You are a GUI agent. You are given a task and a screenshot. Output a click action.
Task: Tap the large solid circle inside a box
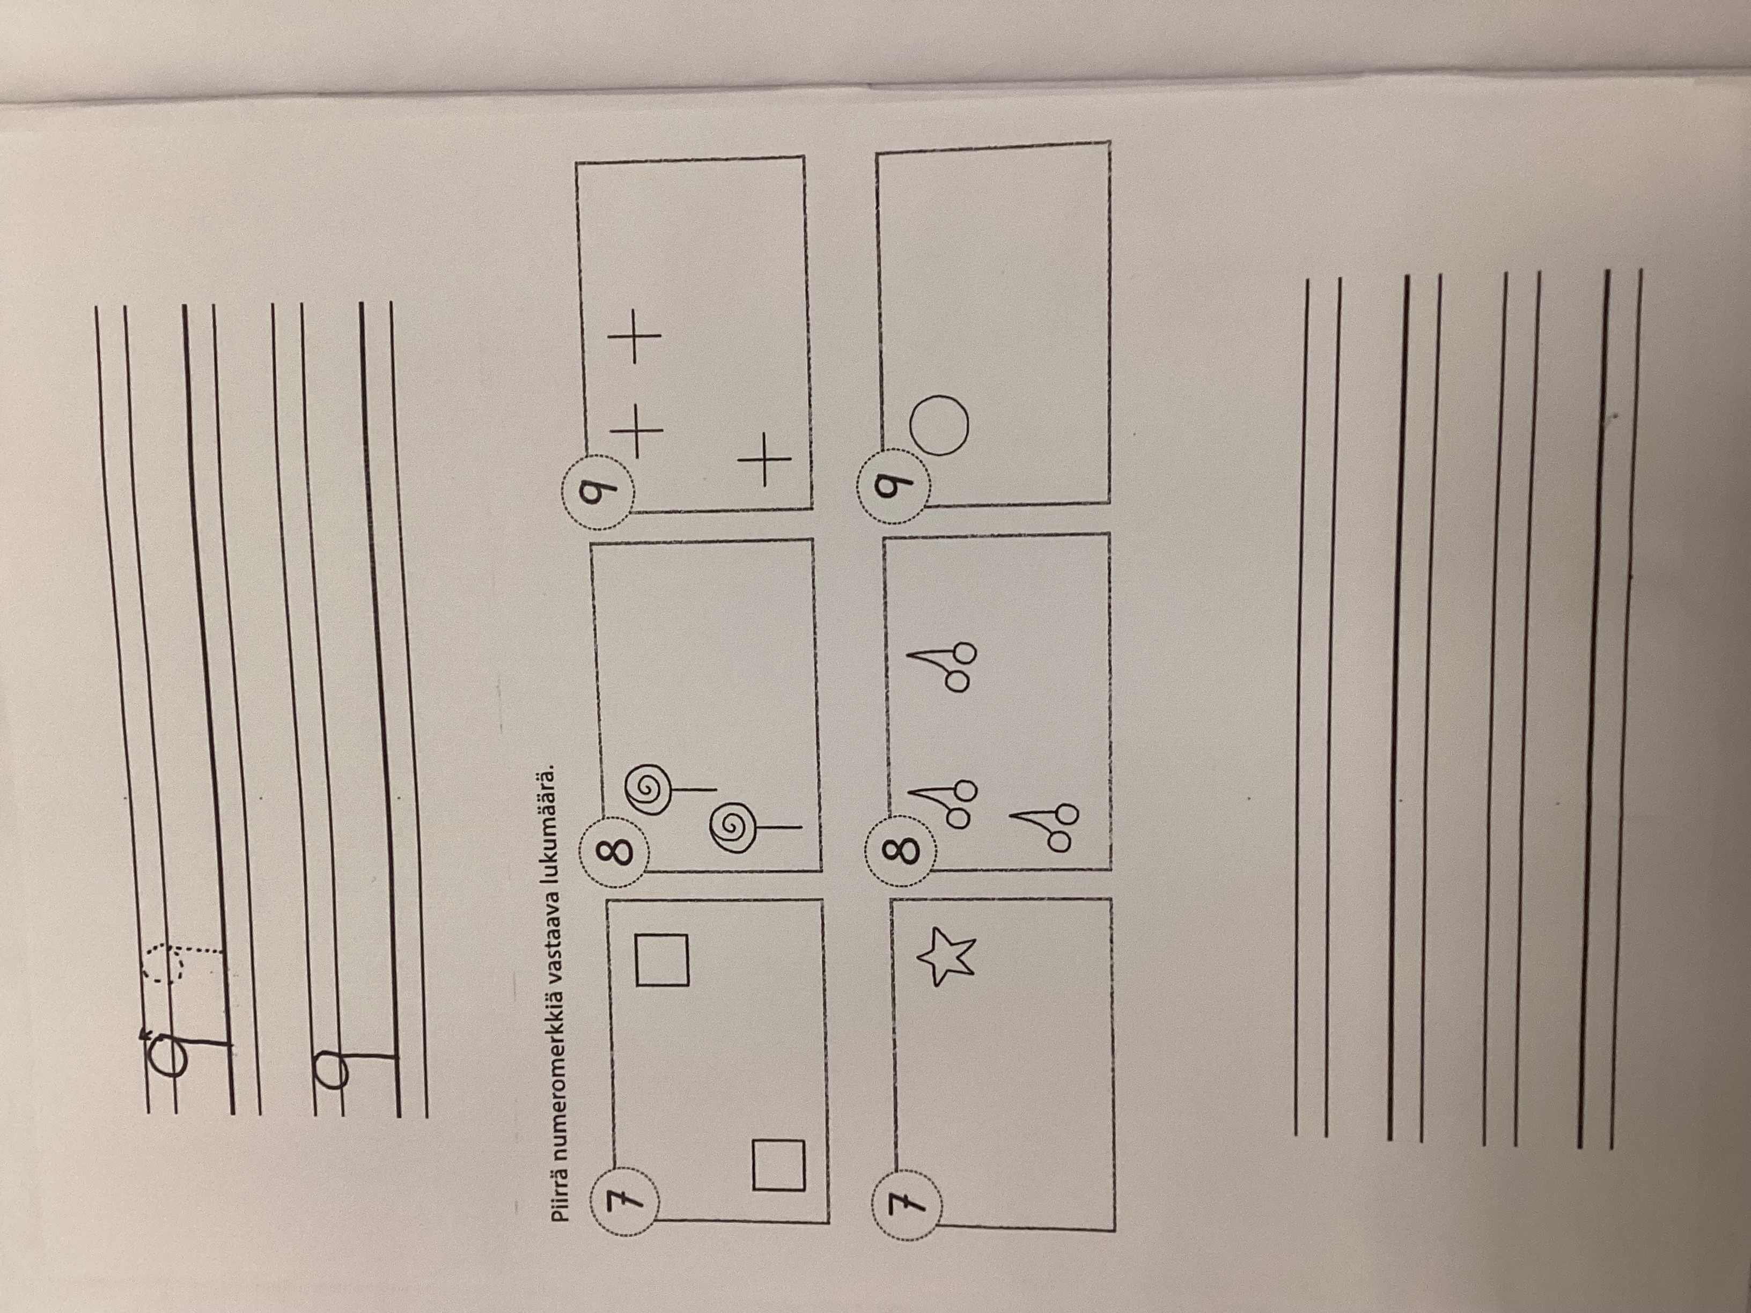pos(939,425)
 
